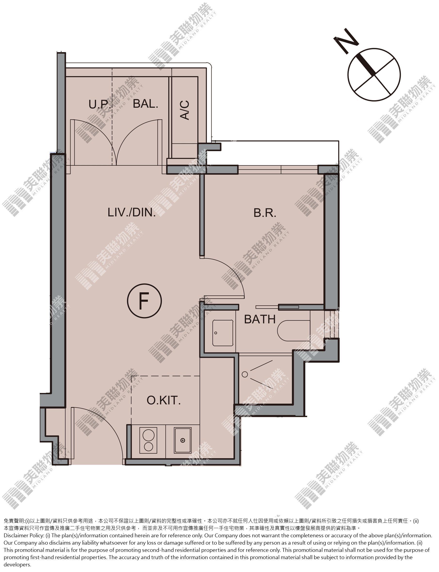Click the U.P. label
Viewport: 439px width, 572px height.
click(x=100, y=104)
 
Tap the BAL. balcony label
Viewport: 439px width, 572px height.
click(x=145, y=104)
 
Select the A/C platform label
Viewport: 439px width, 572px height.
click(x=185, y=110)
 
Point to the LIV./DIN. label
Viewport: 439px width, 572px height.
click(x=132, y=212)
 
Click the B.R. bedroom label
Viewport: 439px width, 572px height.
click(x=265, y=213)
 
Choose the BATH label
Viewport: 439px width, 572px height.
click(x=260, y=319)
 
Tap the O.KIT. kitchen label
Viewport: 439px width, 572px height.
click(x=164, y=400)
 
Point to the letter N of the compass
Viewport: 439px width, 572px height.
click(x=346, y=41)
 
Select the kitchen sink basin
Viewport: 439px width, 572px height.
click(x=183, y=440)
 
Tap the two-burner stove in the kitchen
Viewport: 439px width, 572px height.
click(x=148, y=440)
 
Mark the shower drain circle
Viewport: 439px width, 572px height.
click(x=245, y=374)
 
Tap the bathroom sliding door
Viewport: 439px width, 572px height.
click(x=277, y=307)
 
